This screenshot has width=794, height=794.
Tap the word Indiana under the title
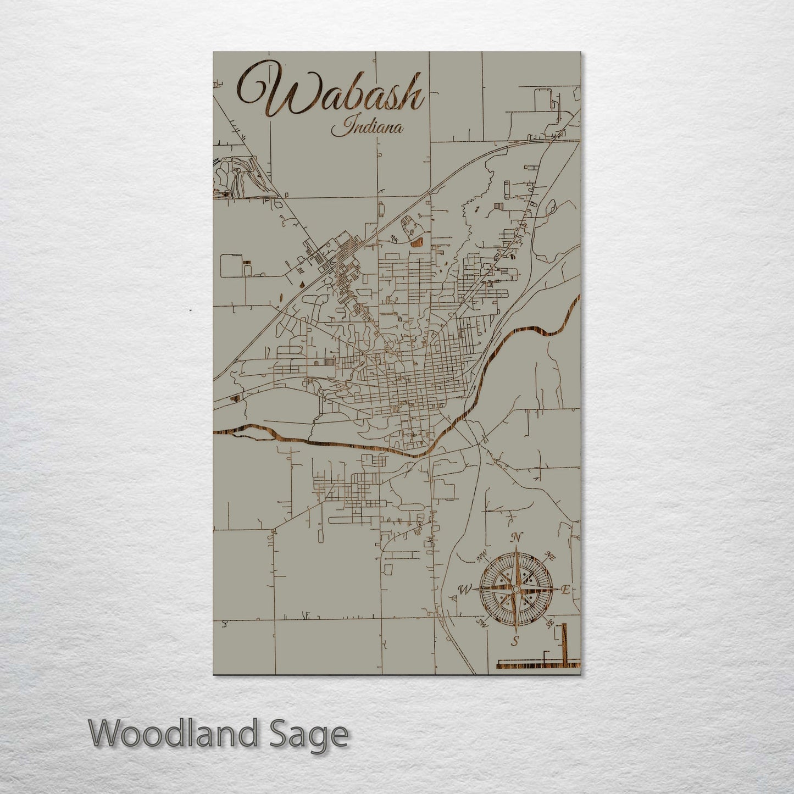(x=367, y=128)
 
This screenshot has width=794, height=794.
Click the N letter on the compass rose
(x=516, y=538)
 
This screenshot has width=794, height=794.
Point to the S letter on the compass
(x=515, y=641)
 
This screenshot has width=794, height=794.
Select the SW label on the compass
(x=482, y=624)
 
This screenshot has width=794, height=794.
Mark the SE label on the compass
(x=549, y=624)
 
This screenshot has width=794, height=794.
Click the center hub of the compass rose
(x=515, y=589)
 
